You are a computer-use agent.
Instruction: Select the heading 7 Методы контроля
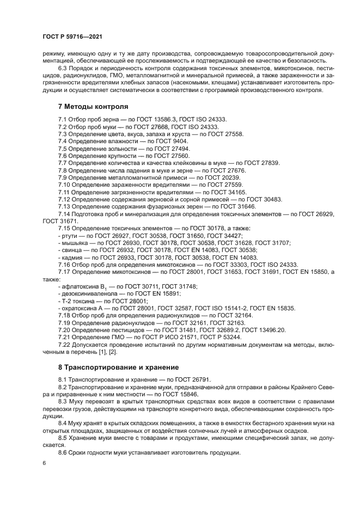pos(93,106)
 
